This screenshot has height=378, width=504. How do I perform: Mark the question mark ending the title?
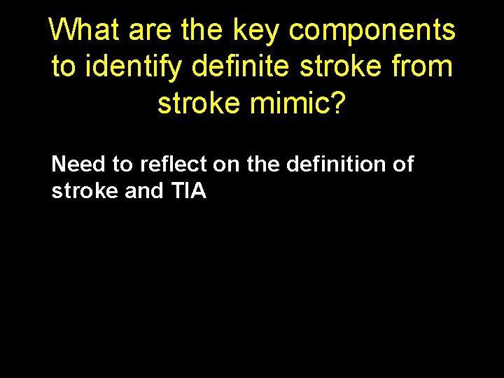tap(337, 102)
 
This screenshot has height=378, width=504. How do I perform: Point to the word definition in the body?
tap(338, 165)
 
